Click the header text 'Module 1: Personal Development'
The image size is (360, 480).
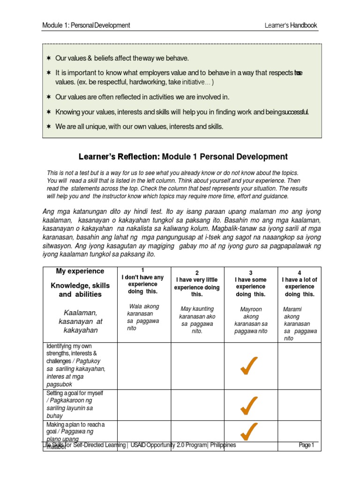point(86,25)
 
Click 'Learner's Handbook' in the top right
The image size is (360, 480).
point(291,25)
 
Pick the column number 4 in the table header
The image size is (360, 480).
point(300,272)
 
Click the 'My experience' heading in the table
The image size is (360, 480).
point(80,271)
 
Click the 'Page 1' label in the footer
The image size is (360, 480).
point(307,445)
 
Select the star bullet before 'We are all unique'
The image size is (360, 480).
point(48,127)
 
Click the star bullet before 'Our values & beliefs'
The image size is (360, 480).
point(48,59)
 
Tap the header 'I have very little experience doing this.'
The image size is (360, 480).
point(197,287)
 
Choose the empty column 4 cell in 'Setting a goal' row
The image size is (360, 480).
point(300,405)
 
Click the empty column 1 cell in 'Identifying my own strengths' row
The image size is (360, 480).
point(143,366)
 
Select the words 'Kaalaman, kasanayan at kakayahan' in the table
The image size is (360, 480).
point(80,321)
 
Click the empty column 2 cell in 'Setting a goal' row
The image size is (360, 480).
point(197,405)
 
